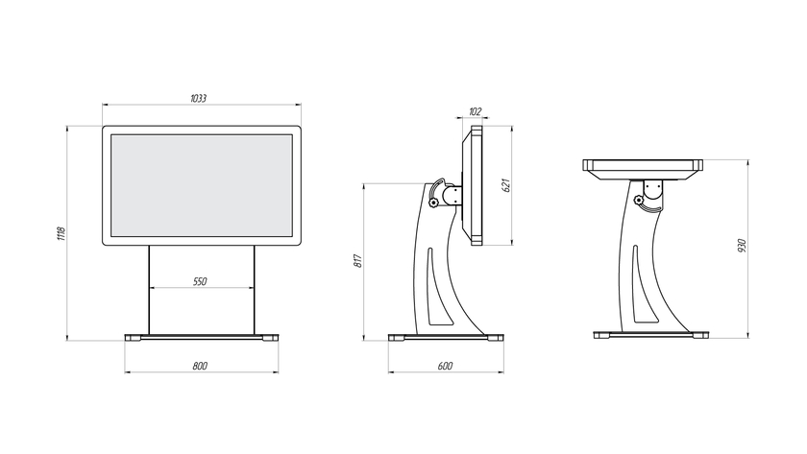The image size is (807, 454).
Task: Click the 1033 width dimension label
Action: [198, 98]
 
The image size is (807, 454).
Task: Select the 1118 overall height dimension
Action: [61, 233]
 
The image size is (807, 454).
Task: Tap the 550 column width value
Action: [200, 281]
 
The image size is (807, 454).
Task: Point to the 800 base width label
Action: [200, 366]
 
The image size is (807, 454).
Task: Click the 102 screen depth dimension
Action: [475, 111]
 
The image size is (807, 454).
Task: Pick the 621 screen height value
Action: [506, 185]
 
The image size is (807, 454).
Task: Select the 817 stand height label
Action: [358, 261]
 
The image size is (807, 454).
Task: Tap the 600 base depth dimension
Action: [445, 366]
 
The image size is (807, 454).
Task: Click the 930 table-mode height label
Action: [741, 246]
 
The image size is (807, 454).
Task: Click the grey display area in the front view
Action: [202, 185]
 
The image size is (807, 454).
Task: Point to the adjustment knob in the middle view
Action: [434, 203]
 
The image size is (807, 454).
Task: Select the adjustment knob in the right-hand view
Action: [639, 200]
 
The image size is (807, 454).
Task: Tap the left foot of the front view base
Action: [133, 338]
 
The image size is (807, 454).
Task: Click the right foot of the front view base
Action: [271, 338]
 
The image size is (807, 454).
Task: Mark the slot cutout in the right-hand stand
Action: [644, 285]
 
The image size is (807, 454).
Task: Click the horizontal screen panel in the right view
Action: [643, 170]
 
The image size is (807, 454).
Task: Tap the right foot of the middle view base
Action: [496, 338]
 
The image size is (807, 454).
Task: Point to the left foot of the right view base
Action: [601, 335]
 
